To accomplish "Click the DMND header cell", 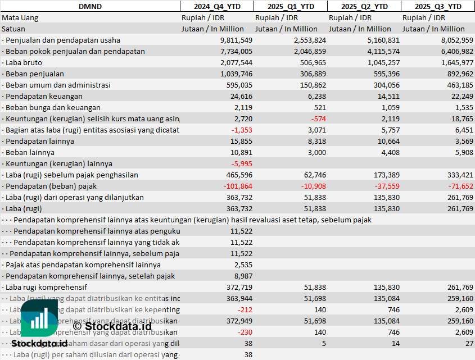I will [x=90, y=6].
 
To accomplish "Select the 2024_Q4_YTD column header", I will [x=216, y=6].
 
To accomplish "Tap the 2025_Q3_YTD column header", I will [x=438, y=6].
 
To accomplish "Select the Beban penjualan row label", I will [x=34, y=74].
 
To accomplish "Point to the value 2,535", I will [x=245, y=265].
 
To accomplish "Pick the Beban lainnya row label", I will [x=30, y=152].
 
